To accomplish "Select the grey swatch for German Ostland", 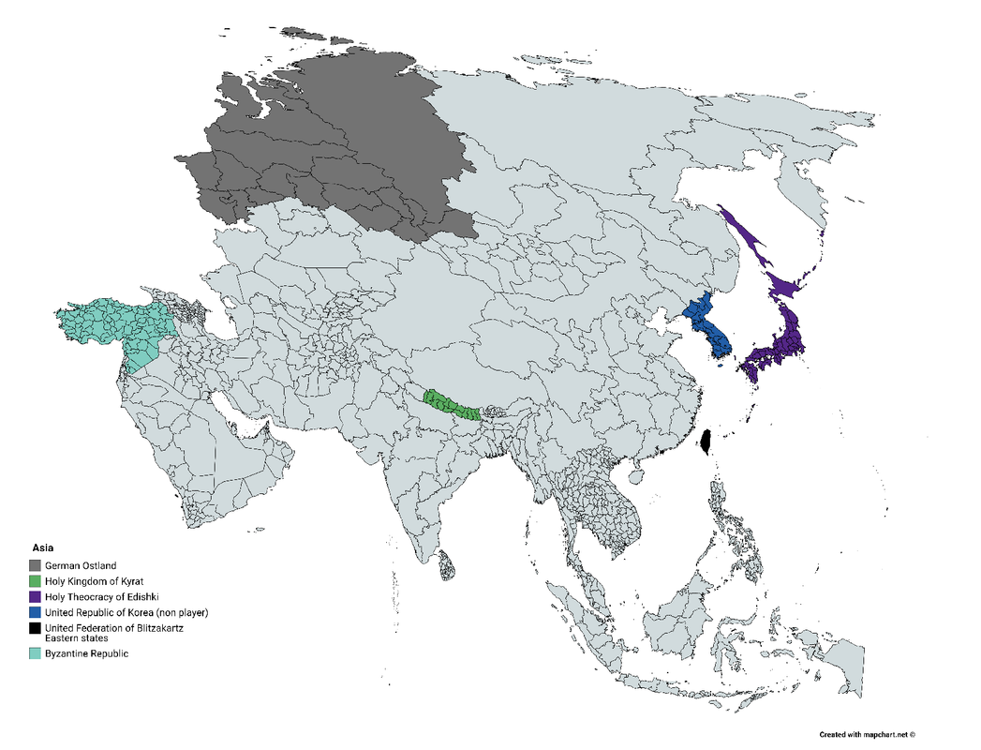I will tap(35, 565).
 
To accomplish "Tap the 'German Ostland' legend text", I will tap(81, 565).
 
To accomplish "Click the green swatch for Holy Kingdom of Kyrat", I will tap(35, 581).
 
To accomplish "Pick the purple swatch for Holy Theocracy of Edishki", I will tap(35, 597).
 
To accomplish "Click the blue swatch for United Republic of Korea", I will tap(35, 612).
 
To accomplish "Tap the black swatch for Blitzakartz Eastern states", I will tap(35, 628).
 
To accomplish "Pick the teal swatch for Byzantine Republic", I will tap(35, 653).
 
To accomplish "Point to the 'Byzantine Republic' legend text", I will tap(86, 653).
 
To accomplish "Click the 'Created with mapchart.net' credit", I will tap(867, 734).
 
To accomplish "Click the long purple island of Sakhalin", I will tap(746, 238).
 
